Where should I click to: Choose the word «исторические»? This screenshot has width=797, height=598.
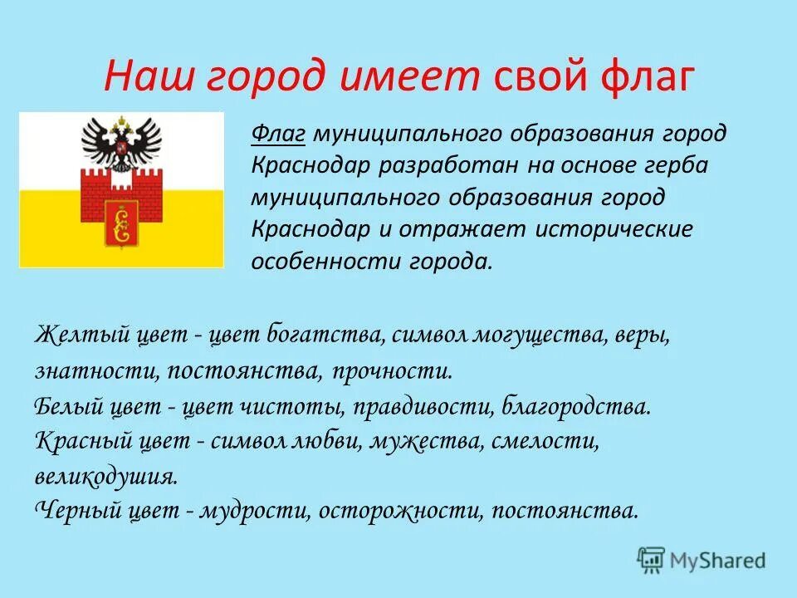[614, 229]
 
